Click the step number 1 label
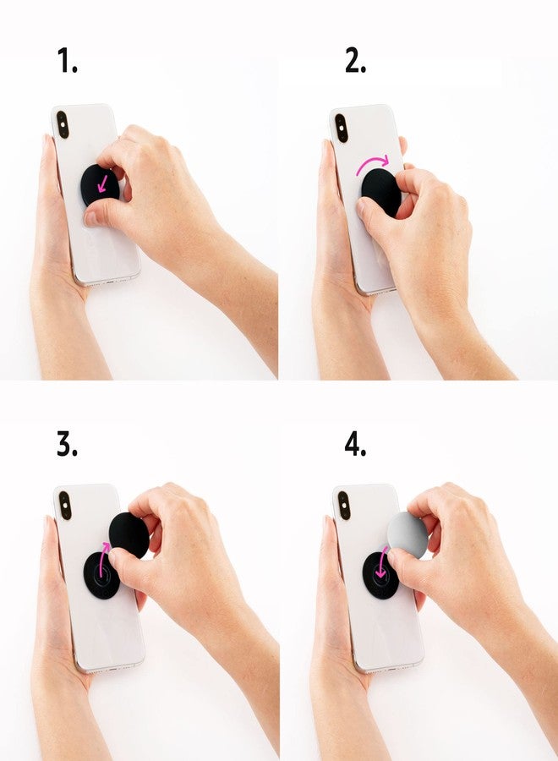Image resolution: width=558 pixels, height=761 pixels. [67, 61]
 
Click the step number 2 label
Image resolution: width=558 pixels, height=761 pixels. [355, 61]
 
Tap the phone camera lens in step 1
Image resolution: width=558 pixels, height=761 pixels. [63, 125]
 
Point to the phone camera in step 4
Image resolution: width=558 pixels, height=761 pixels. [343, 506]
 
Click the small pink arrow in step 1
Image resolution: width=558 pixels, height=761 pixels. [104, 182]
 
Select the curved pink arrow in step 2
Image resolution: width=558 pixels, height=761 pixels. [373, 162]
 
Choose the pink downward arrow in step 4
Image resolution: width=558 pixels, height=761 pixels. [381, 562]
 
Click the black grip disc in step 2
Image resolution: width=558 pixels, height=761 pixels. [380, 191]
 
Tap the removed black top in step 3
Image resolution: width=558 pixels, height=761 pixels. [129, 533]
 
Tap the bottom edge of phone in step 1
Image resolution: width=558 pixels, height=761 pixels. [106, 280]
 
